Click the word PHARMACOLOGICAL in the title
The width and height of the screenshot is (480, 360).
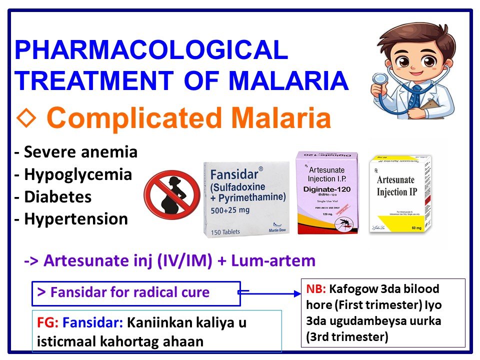(151, 51)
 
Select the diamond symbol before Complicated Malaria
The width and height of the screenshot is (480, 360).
(25, 118)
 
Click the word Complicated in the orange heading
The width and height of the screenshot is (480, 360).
(134, 118)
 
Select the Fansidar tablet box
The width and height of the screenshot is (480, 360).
(246, 199)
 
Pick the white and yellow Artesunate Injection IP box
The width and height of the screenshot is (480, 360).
(399, 195)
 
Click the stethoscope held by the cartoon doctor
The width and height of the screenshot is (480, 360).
(380, 80)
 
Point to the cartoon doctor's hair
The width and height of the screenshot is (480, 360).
(414, 37)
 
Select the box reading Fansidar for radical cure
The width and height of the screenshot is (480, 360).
(135, 293)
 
